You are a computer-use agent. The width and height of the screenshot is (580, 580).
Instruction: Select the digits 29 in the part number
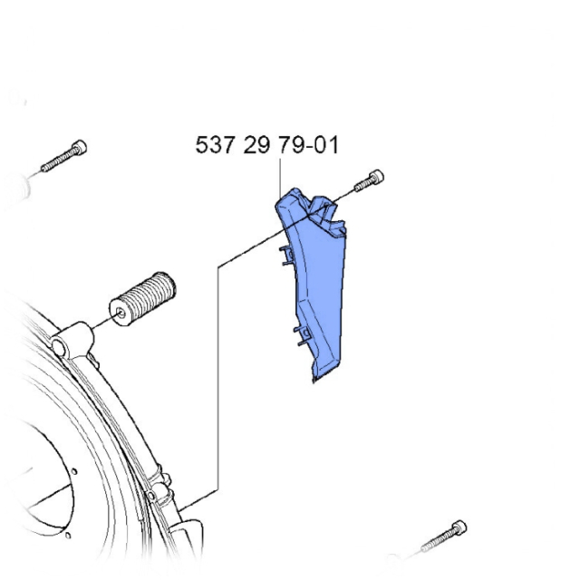(256, 145)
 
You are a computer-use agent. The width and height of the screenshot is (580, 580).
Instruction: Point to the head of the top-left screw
(80, 147)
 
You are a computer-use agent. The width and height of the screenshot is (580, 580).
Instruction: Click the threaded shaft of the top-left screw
(56, 161)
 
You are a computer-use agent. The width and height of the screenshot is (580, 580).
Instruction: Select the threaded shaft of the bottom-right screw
(437, 542)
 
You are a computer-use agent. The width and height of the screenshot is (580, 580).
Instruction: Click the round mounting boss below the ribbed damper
(63, 345)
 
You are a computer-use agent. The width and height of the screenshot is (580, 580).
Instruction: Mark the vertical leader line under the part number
(280, 172)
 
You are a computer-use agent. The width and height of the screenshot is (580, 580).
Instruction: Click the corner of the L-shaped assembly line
(218, 266)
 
